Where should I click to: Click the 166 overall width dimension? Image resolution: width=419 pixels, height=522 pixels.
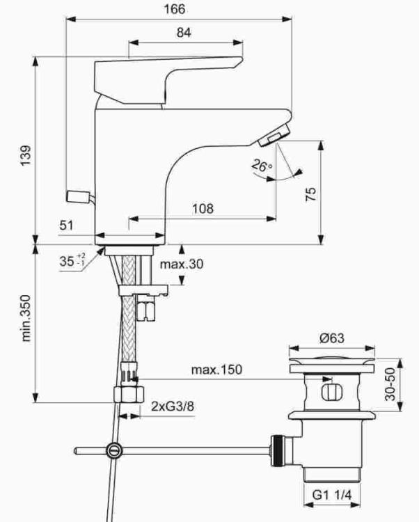[175, 8]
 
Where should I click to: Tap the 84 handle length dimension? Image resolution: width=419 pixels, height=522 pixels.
[184, 33]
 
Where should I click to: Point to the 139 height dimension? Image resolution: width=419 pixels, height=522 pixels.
[26, 155]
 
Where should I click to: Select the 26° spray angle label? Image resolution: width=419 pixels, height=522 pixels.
[262, 165]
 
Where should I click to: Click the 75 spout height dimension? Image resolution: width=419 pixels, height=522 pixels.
[311, 194]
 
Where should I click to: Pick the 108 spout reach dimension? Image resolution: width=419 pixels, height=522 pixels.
[203, 209]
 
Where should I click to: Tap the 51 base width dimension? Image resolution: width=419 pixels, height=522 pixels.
[66, 226]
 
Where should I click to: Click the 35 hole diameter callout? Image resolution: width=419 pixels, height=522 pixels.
[72, 260]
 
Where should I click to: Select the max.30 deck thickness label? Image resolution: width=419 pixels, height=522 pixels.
[182, 264]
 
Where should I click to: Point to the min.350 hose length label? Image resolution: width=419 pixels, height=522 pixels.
[26, 318]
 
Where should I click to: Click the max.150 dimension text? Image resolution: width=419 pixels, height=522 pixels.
[216, 370]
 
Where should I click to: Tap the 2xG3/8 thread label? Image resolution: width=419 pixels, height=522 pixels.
[173, 406]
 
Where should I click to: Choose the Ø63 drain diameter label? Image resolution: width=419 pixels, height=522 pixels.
[332, 338]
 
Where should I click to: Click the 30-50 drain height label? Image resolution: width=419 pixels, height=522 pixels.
[390, 384]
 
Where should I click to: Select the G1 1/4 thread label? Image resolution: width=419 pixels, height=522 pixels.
[332, 495]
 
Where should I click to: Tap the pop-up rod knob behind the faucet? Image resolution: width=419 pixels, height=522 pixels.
[78, 196]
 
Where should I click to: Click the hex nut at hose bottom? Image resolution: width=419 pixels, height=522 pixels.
[129, 395]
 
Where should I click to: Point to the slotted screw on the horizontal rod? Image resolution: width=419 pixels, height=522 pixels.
[114, 451]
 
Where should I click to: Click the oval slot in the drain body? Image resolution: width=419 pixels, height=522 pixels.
[329, 392]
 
